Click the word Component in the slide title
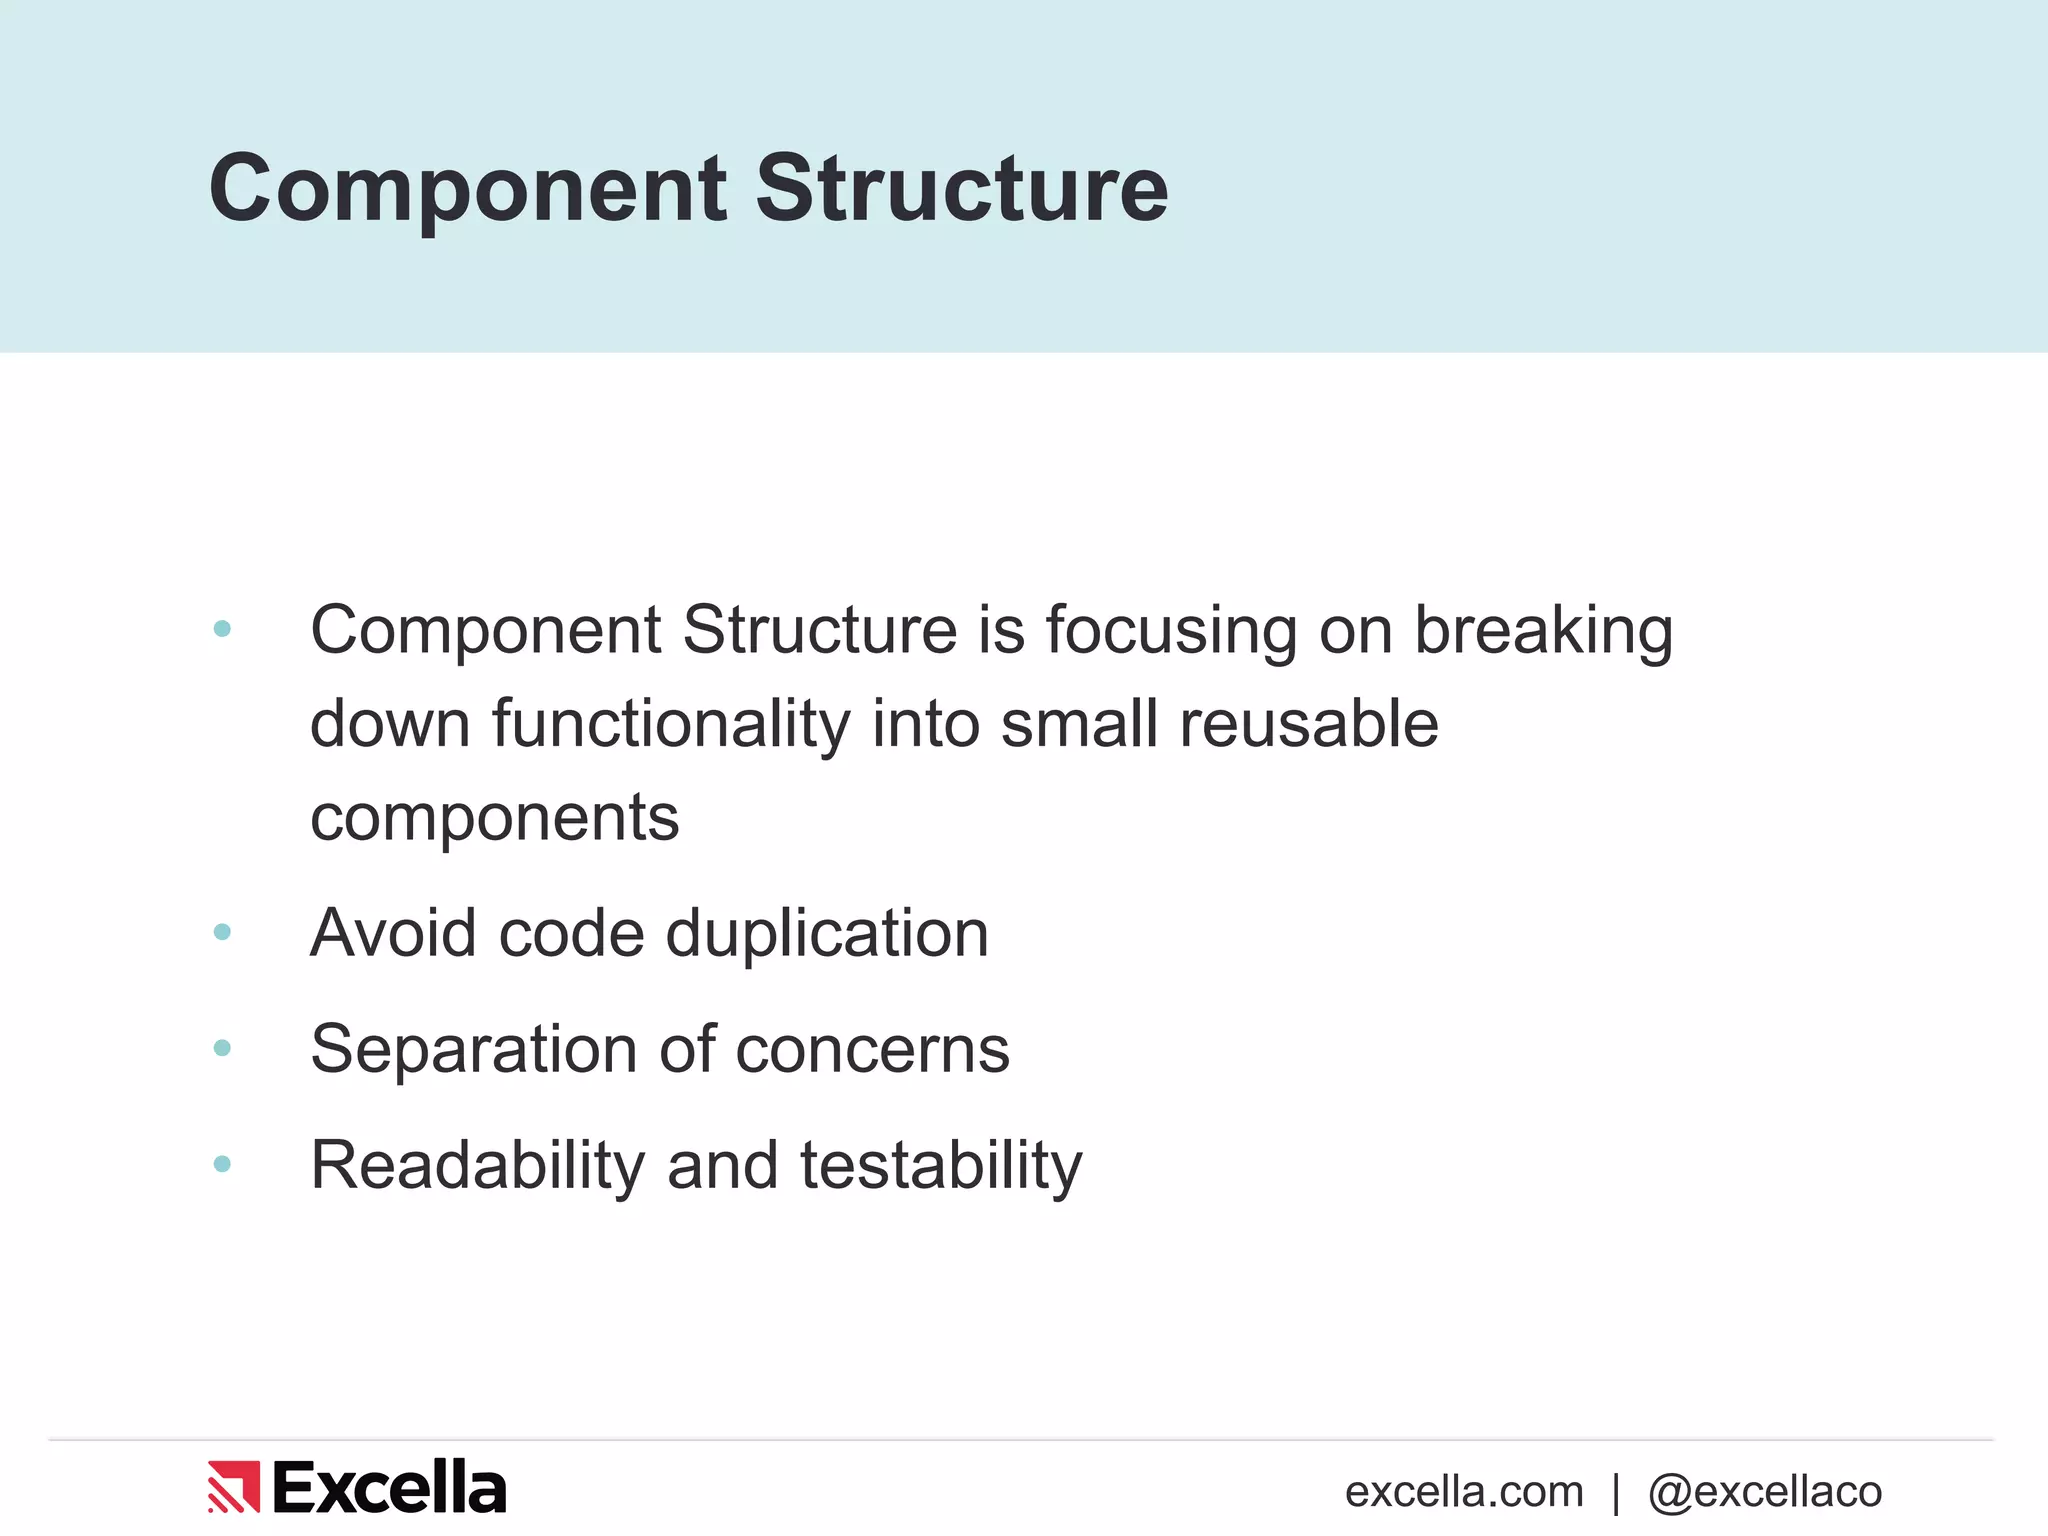[x=467, y=190]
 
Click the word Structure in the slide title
[x=961, y=190]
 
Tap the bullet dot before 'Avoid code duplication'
[x=222, y=932]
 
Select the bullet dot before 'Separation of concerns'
[x=222, y=1048]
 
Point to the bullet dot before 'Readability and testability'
[x=222, y=1164]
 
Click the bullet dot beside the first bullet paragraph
[x=222, y=629]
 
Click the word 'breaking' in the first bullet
[x=1543, y=632]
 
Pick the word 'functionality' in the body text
[x=670, y=724]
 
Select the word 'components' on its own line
[x=494, y=818]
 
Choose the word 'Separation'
[x=473, y=1050]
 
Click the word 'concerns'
[x=872, y=1050]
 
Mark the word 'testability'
[x=941, y=1166]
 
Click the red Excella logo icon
[x=233, y=1487]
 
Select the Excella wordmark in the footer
[x=389, y=1487]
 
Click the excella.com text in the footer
[x=1464, y=1492]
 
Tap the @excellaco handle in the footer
[x=1765, y=1492]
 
